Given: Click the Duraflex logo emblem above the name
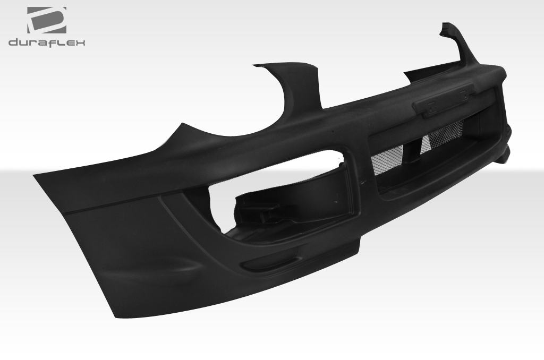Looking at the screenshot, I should coord(47,20).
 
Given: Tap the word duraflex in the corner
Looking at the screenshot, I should coord(47,42).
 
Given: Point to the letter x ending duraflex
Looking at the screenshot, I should coord(80,42).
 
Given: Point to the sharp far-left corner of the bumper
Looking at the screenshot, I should coord(34,174).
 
